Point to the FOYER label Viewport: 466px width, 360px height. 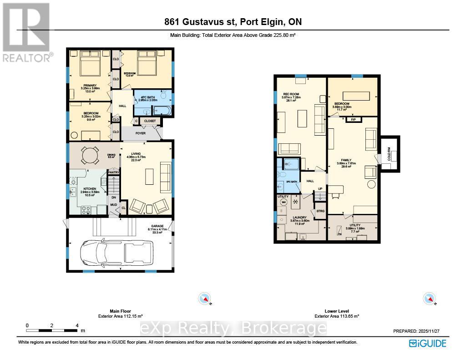click(x=140, y=134)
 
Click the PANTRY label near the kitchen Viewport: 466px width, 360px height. click(x=113, y=172)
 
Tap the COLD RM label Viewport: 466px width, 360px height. click(x=389, y=152)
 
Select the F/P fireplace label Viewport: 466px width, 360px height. click(x=353, y=119)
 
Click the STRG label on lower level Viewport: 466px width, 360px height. click(x=320, y=211)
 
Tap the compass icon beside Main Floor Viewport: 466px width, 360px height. click(x=205, y=299)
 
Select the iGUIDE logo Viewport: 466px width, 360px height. click(x=427, y=343)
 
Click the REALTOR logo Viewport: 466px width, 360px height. click(x=26, y=32)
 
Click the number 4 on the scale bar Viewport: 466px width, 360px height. click(x=77, y=325)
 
